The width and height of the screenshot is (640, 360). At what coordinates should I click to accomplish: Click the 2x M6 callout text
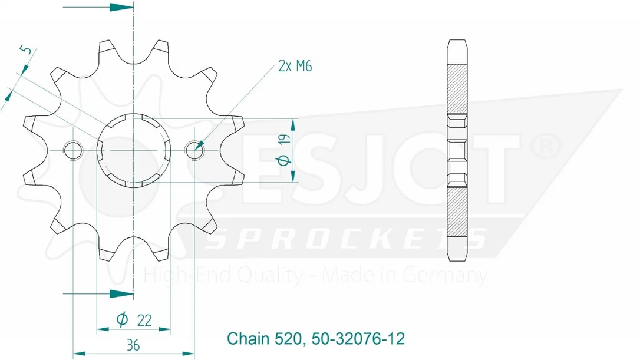click(295, 66)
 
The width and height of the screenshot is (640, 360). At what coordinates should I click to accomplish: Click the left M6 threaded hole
click(73, 151)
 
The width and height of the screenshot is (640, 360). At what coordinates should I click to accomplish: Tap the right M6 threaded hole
click(194, 151)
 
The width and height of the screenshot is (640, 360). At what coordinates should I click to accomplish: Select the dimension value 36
click(133, 345)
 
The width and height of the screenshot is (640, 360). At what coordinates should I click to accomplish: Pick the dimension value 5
click(26, 50)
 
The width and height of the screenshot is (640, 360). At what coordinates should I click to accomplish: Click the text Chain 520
click(264, 339)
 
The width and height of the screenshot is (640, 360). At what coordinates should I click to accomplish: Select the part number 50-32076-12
click(358, 339)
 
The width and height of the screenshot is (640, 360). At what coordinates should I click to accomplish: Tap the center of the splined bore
click(134, 151)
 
